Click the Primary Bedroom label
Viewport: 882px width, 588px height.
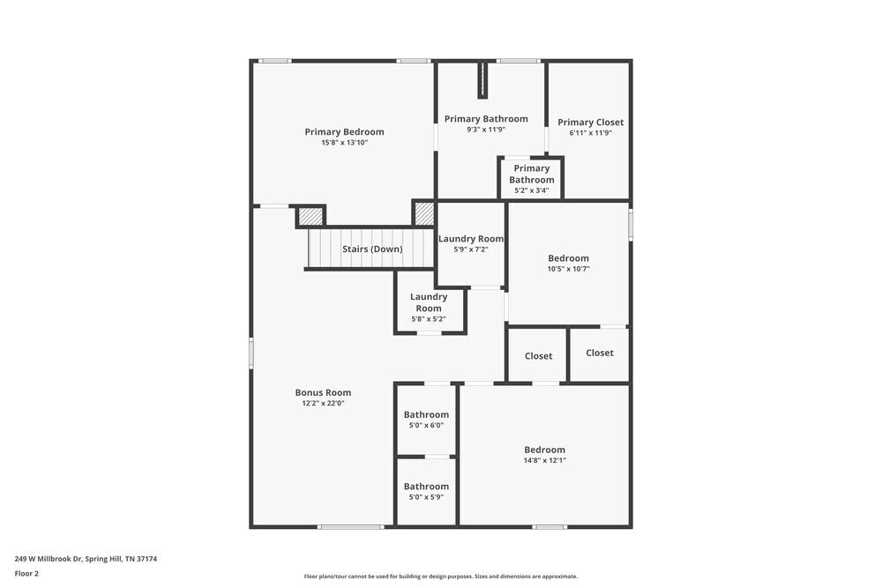344,132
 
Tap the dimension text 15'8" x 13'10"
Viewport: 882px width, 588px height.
344,143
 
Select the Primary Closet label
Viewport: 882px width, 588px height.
590,123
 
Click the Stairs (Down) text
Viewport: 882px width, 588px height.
372,249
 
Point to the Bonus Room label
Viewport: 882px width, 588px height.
323,393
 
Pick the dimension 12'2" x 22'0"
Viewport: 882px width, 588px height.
323,404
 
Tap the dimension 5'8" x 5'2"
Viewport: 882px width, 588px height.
429,319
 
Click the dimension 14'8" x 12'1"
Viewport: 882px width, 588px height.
544,460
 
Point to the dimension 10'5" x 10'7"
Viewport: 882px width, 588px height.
568,269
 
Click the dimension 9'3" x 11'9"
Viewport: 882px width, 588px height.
486,130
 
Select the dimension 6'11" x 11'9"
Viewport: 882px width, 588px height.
590,133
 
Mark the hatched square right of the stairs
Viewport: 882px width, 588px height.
424,212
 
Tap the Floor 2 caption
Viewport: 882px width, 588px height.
26,573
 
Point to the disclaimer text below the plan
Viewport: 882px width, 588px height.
441,577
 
